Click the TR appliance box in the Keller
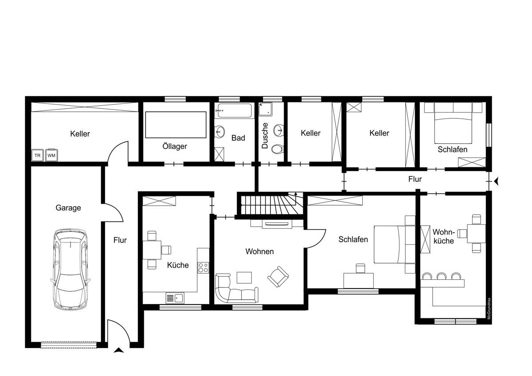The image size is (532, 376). pos(38,155)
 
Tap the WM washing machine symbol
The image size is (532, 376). pos(51,155)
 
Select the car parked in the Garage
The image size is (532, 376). pos(70,270)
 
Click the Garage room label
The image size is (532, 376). pos(68,208)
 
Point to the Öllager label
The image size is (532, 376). pos(175,146)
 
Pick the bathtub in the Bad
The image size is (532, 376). pos(235,110)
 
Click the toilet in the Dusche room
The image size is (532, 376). pos(277,149)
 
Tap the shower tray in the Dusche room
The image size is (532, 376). pos(265,109)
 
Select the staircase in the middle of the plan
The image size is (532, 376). pos(272,205)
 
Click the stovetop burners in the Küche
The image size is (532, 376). pos(203,267)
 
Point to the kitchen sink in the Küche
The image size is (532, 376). pos(175,298)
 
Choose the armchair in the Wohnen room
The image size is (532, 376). pos(278,277)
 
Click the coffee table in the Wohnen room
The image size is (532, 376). pos(244,278)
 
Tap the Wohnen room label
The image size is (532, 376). pos(260,251)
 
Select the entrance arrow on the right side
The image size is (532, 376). pos(496,181)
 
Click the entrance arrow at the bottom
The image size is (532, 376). pos(119,350)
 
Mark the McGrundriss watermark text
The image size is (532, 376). pos(489,309)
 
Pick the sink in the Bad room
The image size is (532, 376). pos(220,131)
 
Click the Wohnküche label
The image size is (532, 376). pos(444,237)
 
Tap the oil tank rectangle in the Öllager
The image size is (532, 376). pos(176,125)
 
